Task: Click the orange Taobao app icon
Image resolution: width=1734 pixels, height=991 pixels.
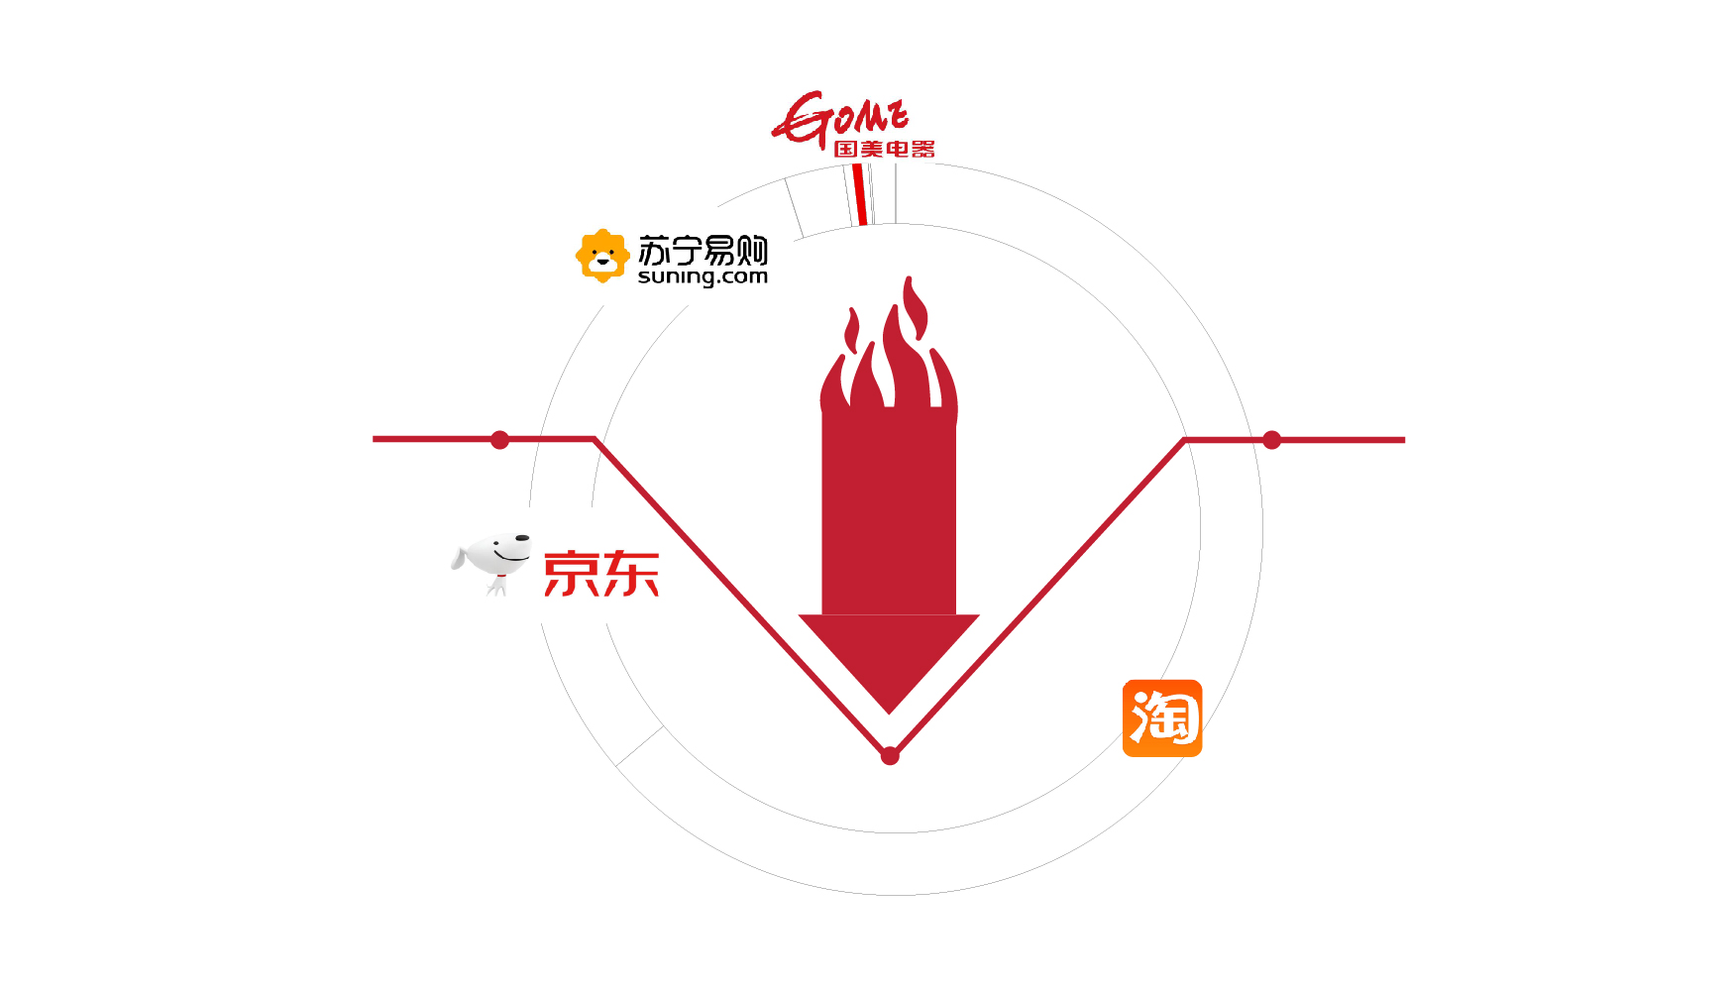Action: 1161,718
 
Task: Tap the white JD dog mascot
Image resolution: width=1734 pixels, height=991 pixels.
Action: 493,561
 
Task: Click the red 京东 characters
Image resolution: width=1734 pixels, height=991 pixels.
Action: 601,574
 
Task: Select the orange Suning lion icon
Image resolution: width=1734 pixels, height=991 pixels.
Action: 602,256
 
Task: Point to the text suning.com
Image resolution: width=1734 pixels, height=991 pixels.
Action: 703,276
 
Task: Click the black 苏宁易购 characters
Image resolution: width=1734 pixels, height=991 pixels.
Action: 703,250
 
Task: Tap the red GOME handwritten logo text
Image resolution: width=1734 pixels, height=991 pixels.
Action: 840,118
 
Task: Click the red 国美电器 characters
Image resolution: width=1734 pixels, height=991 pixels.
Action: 884,150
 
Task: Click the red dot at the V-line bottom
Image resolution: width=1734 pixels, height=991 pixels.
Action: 890,756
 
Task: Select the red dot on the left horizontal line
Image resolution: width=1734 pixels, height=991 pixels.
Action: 500,440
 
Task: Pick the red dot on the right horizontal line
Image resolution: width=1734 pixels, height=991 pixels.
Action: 1272,440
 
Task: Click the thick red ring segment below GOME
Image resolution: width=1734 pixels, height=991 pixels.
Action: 860,194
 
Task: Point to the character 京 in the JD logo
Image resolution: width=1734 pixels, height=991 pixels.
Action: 571,574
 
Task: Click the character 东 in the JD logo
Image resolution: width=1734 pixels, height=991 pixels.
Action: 630,574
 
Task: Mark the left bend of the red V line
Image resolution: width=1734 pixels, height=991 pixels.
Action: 595,439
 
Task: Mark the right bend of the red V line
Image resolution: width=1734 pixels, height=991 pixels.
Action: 1184,440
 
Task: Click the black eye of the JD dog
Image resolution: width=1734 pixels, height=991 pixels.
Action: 521,539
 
